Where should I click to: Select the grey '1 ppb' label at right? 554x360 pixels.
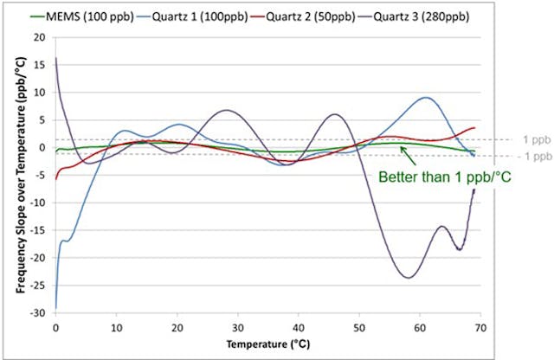(532, 138)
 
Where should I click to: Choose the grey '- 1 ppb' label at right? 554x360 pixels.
(531, 157)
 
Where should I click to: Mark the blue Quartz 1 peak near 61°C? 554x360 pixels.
(425, 98)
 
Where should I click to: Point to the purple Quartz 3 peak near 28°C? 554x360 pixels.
(226, 110)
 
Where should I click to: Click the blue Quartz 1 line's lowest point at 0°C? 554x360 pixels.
(56, 307)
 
